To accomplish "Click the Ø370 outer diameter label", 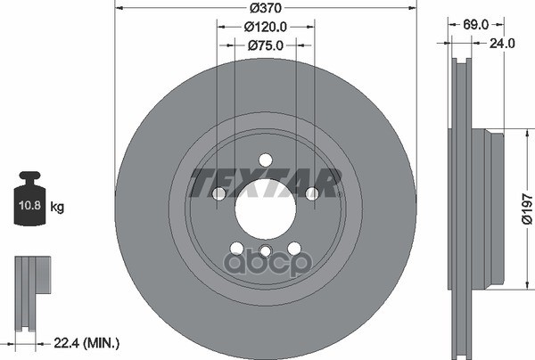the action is coord(266,8).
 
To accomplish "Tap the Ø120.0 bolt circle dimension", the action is coord(266,27).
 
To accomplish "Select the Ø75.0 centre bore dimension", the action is coord(266,45).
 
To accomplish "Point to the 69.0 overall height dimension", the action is coord(476,25).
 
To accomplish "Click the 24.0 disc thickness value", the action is coord(502,44).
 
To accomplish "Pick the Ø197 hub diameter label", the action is coord(527,209).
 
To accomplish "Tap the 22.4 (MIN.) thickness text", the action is coord(86,343).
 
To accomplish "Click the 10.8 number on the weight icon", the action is coord(29,205).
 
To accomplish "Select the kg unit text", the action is coord(57,207).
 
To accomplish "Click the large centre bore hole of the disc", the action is coord(266,209).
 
